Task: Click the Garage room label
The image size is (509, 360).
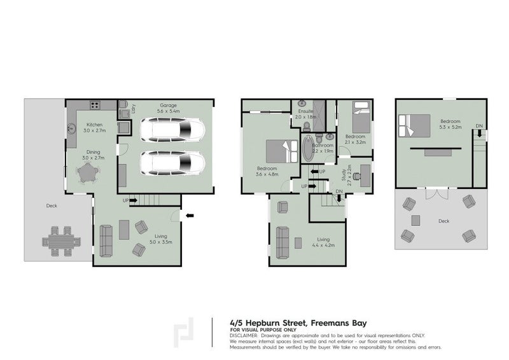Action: pyautogui.click(x=168, y=106)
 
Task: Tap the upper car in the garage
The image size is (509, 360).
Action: pyautogui.click(x=171, y=130)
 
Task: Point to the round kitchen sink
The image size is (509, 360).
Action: pyautogui.click(x=72, y=127)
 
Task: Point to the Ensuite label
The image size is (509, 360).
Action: pyautogui.click(x=305, y=111)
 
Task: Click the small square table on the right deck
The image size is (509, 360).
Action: pyautogui.click(x=416, y=221)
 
